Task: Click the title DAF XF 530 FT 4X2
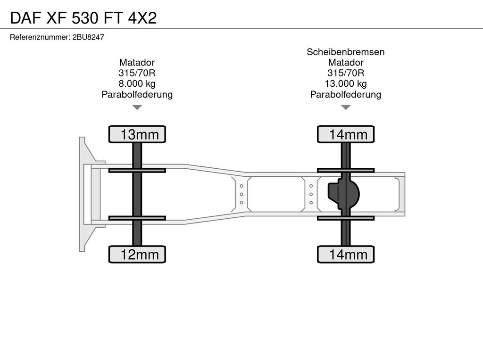(83, 18)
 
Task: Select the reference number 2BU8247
(88, 37)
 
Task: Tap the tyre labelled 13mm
(137, 134)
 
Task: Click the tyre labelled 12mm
(137, 254)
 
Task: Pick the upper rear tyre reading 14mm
(346, 134)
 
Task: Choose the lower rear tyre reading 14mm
(346, 254)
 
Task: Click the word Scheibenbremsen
(346, 52)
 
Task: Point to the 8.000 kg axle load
(137, 84)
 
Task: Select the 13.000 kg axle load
(346, 84)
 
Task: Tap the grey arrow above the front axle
(137, 107)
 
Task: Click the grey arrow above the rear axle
(346, 107)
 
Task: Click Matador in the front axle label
(137, 63)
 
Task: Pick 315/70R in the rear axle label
(346, 73)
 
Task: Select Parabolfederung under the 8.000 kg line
(137, 94)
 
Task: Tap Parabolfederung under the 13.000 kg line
(346, 94)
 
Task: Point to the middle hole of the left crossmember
(241, 194)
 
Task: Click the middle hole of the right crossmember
(311, 194)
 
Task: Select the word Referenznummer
(40, 37)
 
